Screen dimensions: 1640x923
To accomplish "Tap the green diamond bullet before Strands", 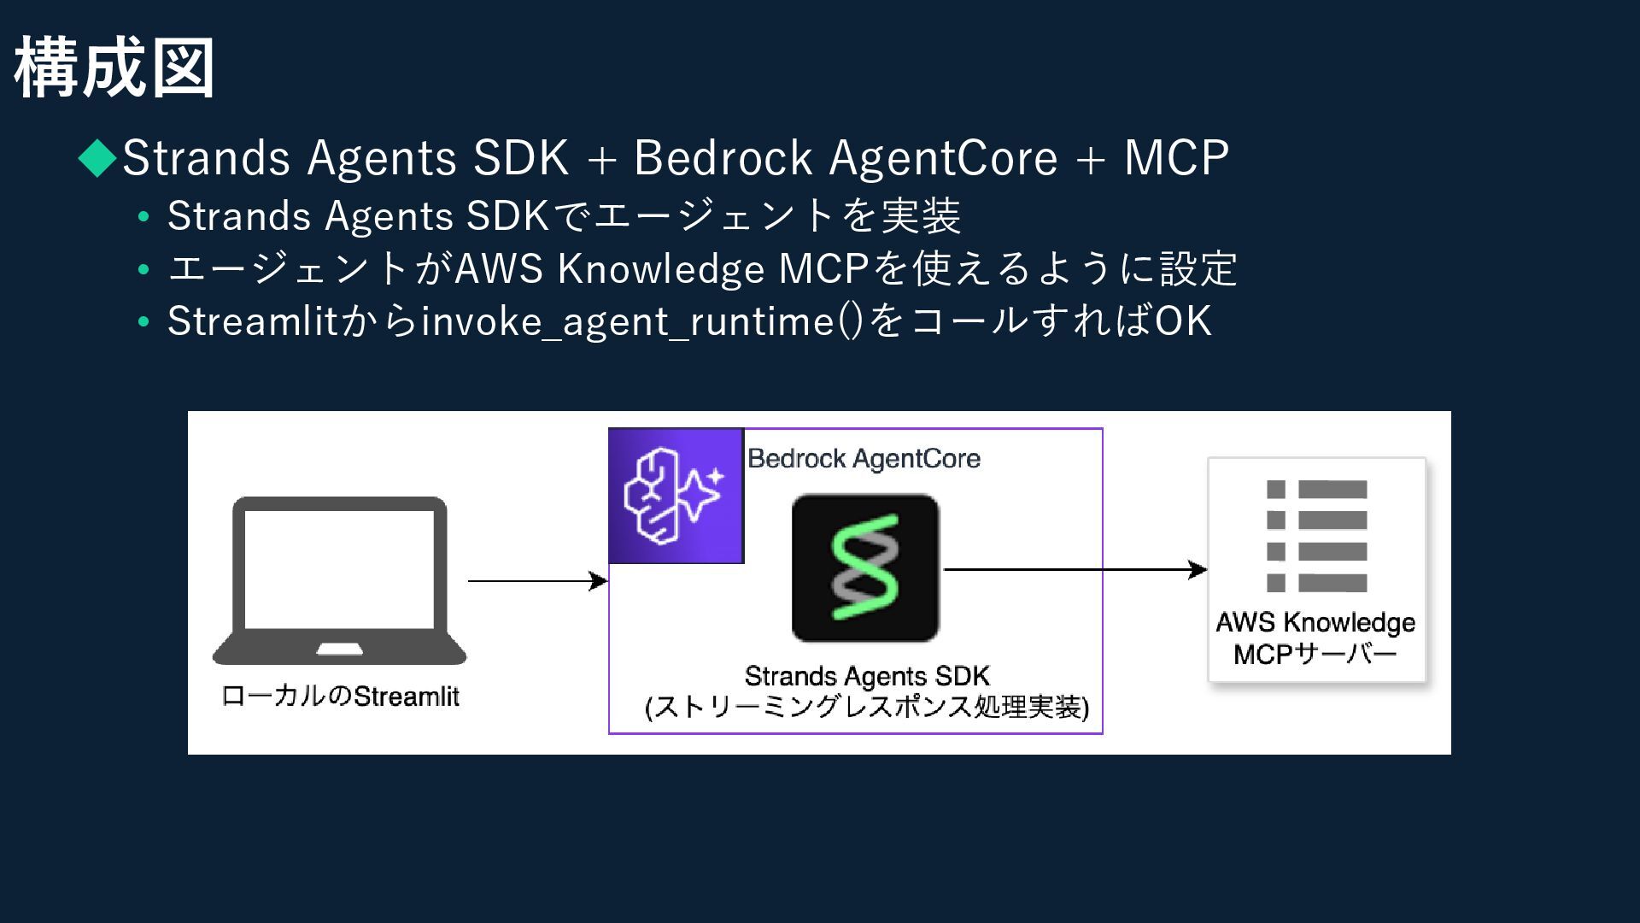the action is point(97,158).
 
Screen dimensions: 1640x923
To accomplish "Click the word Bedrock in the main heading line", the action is point(723,158).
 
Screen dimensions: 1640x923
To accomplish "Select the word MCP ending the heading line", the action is point(1176,158).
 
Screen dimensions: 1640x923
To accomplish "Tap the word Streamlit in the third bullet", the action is point(254,321).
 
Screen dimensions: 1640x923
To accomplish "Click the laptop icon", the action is point(339,581).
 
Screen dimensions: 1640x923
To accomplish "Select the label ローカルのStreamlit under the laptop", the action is point(340,697).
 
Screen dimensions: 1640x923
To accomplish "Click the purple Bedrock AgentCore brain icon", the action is point(676,496).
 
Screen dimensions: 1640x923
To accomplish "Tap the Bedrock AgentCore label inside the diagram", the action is point(864,459).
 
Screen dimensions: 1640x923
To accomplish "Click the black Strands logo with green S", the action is point(865,568).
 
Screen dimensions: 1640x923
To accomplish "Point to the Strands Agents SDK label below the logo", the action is point(867,676).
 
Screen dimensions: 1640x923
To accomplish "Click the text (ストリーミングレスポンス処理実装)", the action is point(867,708).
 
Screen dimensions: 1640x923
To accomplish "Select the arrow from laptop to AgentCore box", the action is point(538,581).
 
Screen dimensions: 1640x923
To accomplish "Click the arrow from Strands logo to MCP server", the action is point(1075,569).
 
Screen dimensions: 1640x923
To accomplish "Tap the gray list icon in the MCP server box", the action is point(1316,536).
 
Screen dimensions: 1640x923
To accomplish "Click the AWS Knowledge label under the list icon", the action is point(1315,622).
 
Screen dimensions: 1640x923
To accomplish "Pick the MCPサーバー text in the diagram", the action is point(1315,654).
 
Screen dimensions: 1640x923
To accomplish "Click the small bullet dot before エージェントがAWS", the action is point(143,270).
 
